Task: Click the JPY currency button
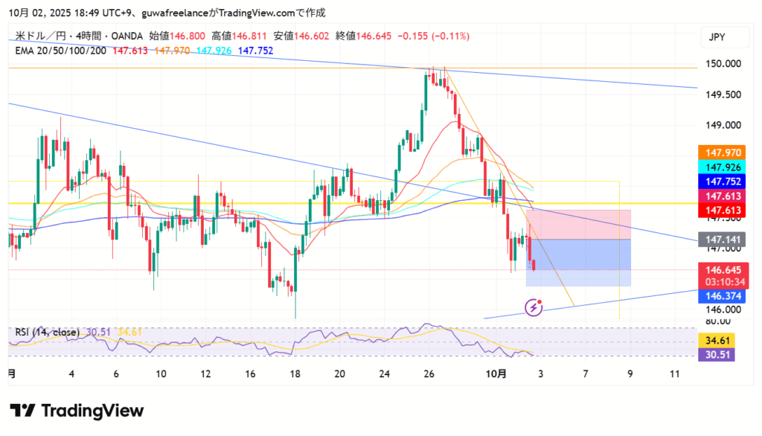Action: (717, 37)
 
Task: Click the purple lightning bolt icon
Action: (533, 307)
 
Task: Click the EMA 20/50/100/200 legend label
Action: (61, 51)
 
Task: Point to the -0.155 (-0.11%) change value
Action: (433, 36)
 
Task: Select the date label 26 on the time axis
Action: (429, 374)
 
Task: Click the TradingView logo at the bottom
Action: (77, 411)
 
